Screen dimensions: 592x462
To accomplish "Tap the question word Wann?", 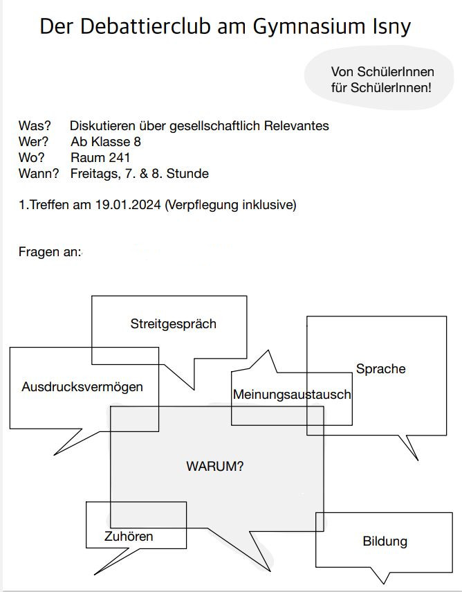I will (x=39, y=174).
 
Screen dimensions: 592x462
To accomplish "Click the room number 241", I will (x=120, y=158).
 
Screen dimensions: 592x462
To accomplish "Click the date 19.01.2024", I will (x=129, y=205).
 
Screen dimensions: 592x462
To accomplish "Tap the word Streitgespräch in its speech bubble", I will (x=174, y=323).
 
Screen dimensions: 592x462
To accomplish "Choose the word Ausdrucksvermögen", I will (x=82, y=386).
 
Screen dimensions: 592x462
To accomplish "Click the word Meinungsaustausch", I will (x=292, y=395).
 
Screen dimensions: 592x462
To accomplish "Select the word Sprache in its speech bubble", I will (x=380, y=368).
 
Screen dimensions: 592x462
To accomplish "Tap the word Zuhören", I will (x=129, y=537).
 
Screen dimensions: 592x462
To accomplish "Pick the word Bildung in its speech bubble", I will (x=385, y=541).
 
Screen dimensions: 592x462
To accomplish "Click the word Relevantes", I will (x=299, y=126).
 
